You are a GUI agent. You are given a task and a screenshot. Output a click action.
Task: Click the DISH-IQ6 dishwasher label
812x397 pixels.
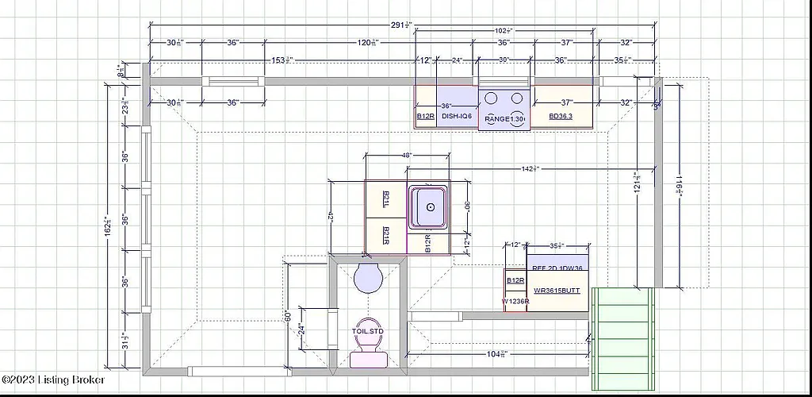(457, 117)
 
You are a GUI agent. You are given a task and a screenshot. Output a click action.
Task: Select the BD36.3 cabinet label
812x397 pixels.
(561, 117)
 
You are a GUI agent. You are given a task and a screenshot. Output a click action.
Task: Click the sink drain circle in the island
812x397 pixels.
(430, 206)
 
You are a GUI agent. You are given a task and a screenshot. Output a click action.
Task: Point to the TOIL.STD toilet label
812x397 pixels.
(367, 330)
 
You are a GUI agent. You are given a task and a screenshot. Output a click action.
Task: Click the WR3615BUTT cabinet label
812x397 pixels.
(557, 291)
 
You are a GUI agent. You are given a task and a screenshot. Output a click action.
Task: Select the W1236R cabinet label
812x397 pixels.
(515, 302)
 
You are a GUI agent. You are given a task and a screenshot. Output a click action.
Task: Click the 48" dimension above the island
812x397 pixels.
(407, 156)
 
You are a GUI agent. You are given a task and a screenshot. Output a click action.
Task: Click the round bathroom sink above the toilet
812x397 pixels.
(367, 278)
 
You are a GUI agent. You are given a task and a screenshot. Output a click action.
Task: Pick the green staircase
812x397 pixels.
(623, 333)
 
